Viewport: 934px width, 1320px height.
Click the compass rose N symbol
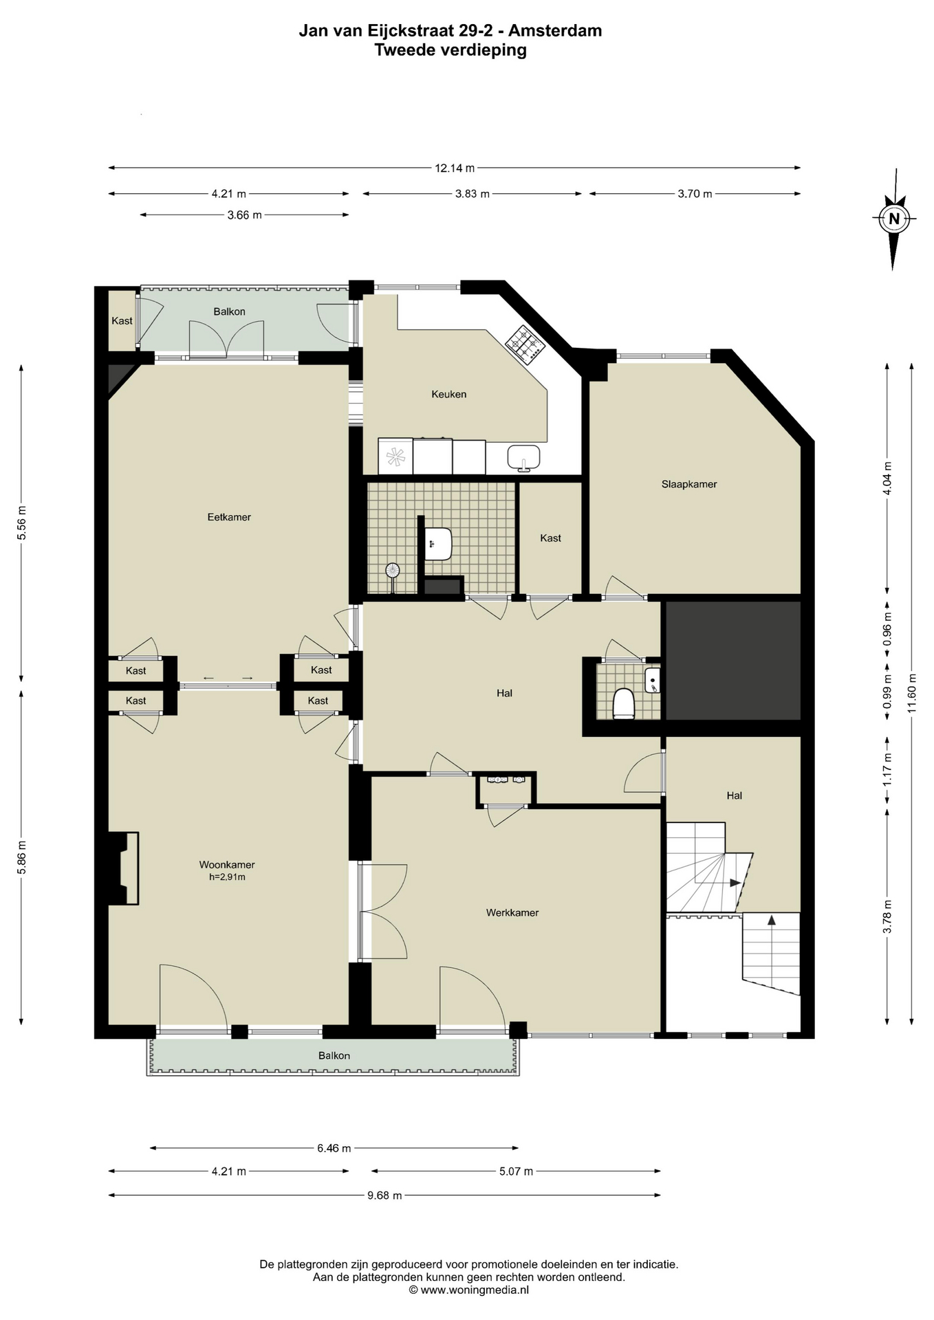point(894,219)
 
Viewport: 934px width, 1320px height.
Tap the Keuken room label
point(449,394)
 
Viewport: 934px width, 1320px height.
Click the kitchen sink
point(524,457)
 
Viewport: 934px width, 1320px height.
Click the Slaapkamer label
point(689,484)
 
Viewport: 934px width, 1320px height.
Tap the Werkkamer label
point(512,912)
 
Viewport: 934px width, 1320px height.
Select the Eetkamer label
point(229,517)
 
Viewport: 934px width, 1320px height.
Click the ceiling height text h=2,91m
point(227,877)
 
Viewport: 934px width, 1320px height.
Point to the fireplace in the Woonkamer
point(124,868)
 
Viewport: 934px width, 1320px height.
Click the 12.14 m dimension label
point(455,168)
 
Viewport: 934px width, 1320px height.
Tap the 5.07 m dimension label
point(516,1171)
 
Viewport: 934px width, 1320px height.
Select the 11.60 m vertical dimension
point(912,693)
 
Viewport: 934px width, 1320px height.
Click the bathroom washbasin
point(438,544)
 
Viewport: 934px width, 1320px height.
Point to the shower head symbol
point(393,570)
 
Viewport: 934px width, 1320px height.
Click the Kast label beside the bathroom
point(551,538)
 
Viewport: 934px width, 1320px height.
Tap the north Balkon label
point(229,311)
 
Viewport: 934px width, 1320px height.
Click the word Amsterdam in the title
point(555,30)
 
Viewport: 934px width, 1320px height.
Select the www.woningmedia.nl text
point(475,1290)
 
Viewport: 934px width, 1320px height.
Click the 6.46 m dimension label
point(334,1147)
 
